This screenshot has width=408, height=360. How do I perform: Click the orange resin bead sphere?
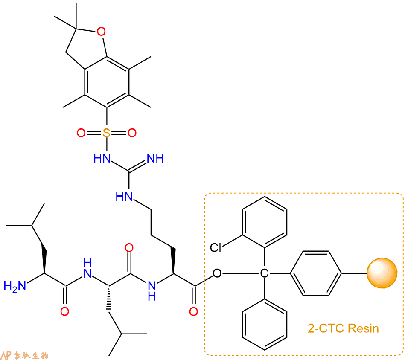382,273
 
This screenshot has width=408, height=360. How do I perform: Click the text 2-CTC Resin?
343,328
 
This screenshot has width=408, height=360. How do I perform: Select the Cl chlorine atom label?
216,247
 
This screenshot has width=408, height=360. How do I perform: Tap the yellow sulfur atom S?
106,133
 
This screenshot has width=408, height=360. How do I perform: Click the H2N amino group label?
15,286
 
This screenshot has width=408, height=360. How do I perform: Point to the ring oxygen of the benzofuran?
101,32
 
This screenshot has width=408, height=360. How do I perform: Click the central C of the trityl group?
264,273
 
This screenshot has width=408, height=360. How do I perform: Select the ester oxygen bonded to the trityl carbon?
217,273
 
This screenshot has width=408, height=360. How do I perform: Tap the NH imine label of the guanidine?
155,158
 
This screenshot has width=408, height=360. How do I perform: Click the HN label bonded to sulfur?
102,158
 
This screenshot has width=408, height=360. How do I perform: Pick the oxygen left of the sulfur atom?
81,133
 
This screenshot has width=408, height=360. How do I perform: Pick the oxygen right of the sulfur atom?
132,133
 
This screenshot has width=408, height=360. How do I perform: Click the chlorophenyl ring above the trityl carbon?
265,222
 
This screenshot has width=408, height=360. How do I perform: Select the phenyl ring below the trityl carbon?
265,324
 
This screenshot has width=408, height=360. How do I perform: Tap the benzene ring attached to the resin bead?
316,273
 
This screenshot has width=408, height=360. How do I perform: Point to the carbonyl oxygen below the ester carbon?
193,311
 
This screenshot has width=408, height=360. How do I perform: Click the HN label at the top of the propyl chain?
124,196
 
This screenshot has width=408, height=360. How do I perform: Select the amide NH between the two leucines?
87,268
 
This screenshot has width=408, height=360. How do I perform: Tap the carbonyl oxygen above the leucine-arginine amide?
129,247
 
